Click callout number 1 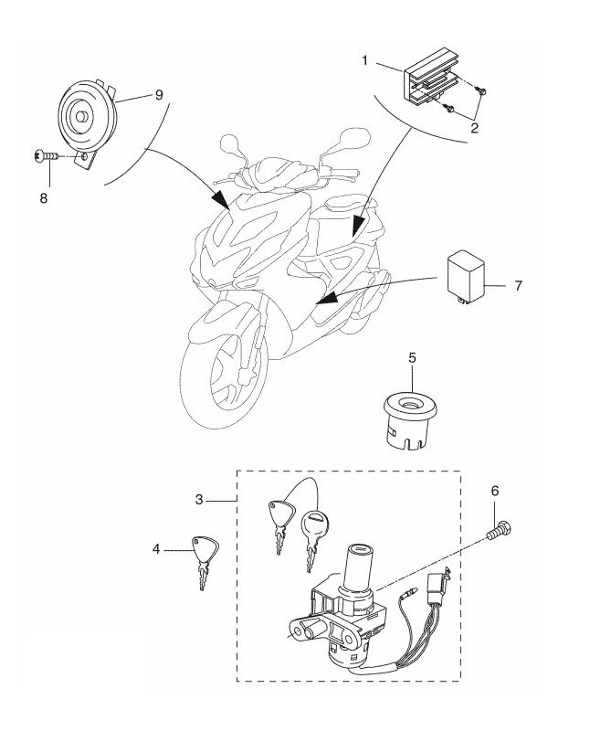tap(364, 60)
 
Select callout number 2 tap(475, 128)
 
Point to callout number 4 tap(156, 549)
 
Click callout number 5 tap(411, 358)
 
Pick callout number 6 tap(495, 491)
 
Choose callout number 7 tap(518, 286)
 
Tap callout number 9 tap(159, 94)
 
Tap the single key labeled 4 tap(205, 559)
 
